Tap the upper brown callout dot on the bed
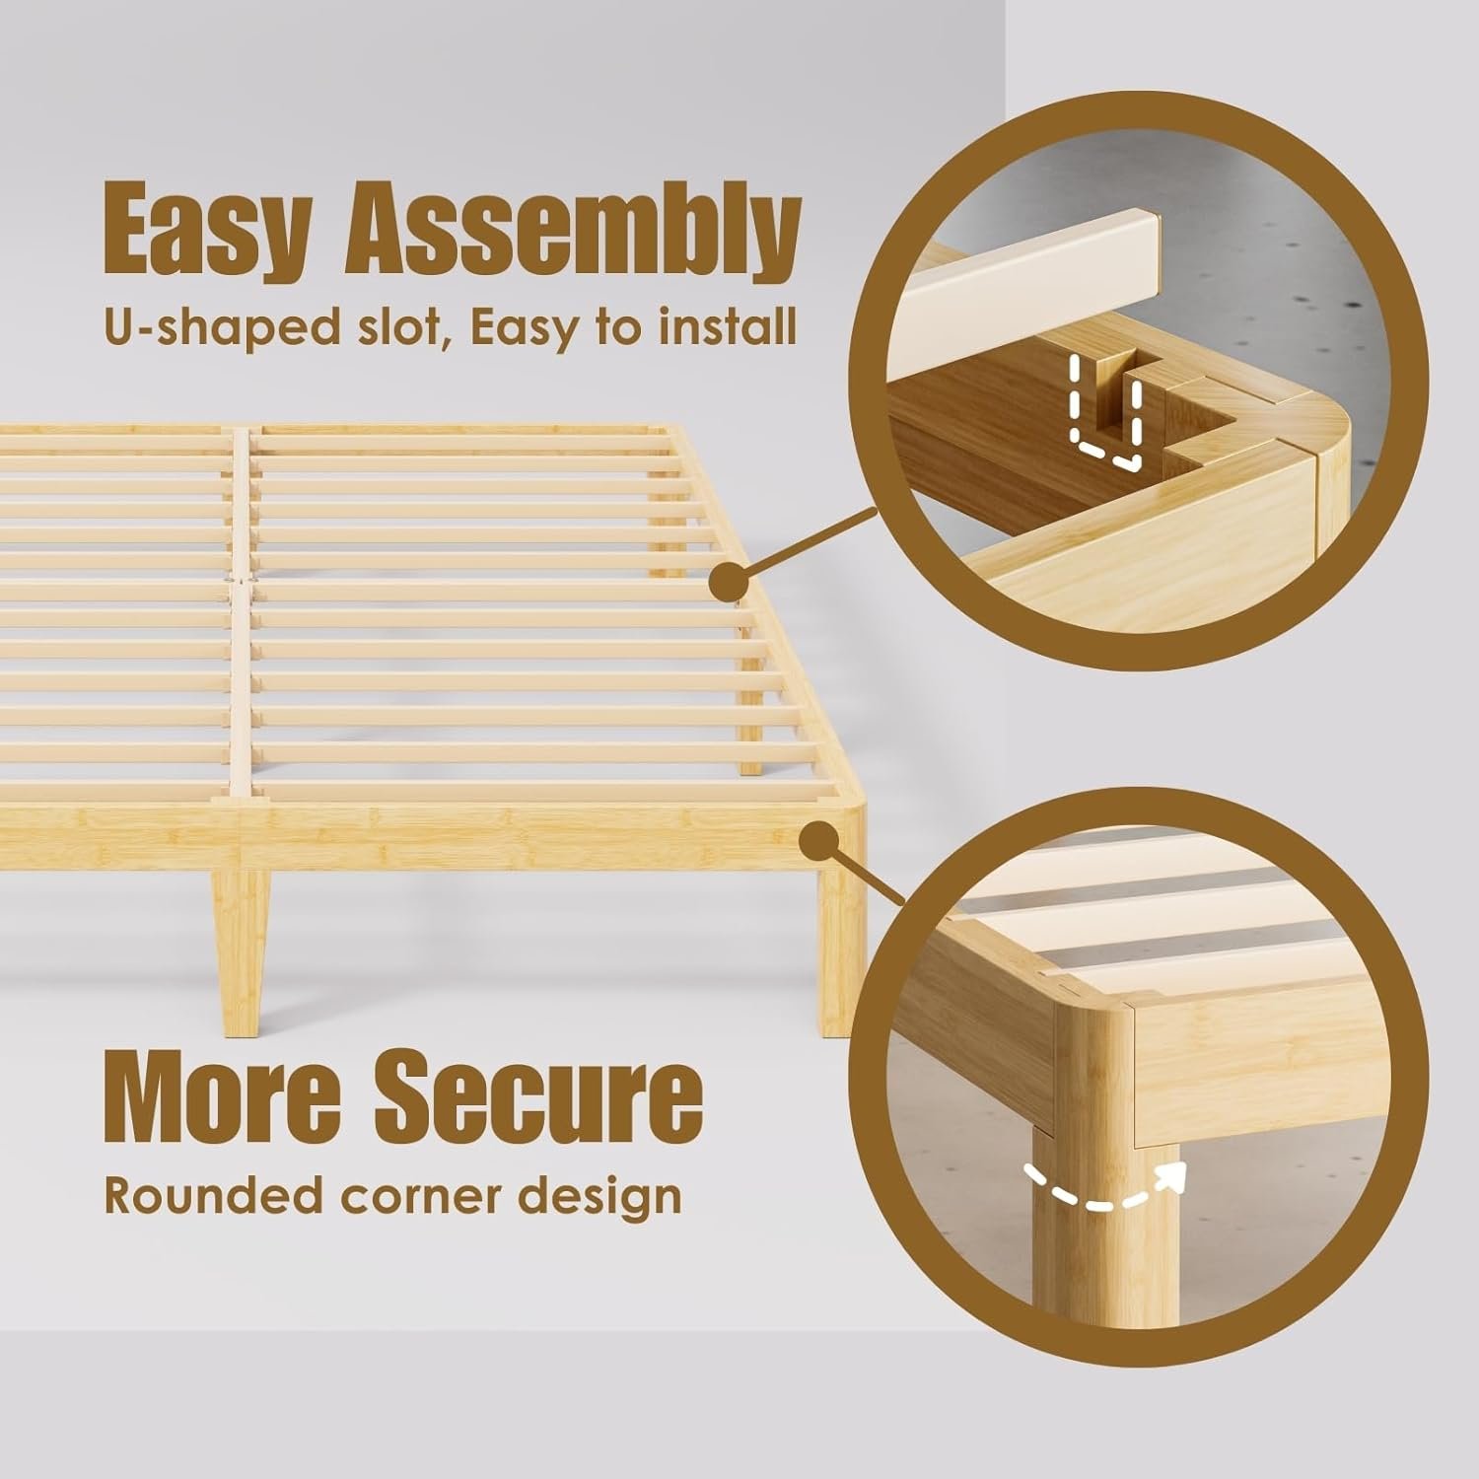click(x=729, y=583)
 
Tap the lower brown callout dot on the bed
click(x=817, y=844)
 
